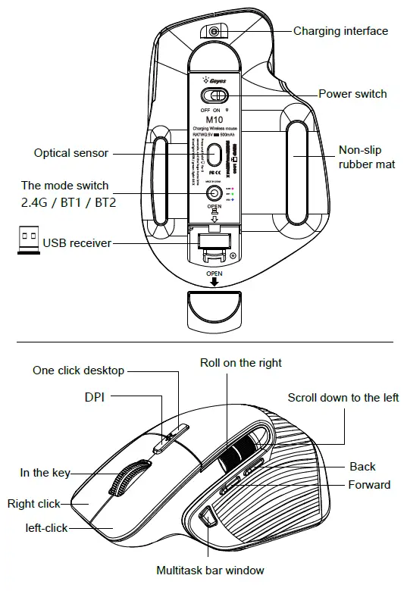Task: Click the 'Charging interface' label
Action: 340,31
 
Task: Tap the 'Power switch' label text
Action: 352,94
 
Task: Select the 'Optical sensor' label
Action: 71,153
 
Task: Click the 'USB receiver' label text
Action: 77,243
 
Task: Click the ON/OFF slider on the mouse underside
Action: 215,96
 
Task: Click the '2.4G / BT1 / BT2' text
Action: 69,203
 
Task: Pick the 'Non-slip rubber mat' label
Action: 367,158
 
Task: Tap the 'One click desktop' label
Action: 78,371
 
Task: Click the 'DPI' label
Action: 95,396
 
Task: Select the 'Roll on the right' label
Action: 240,363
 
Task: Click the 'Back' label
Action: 362,467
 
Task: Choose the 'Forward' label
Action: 369,485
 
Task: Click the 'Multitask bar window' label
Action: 210,570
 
